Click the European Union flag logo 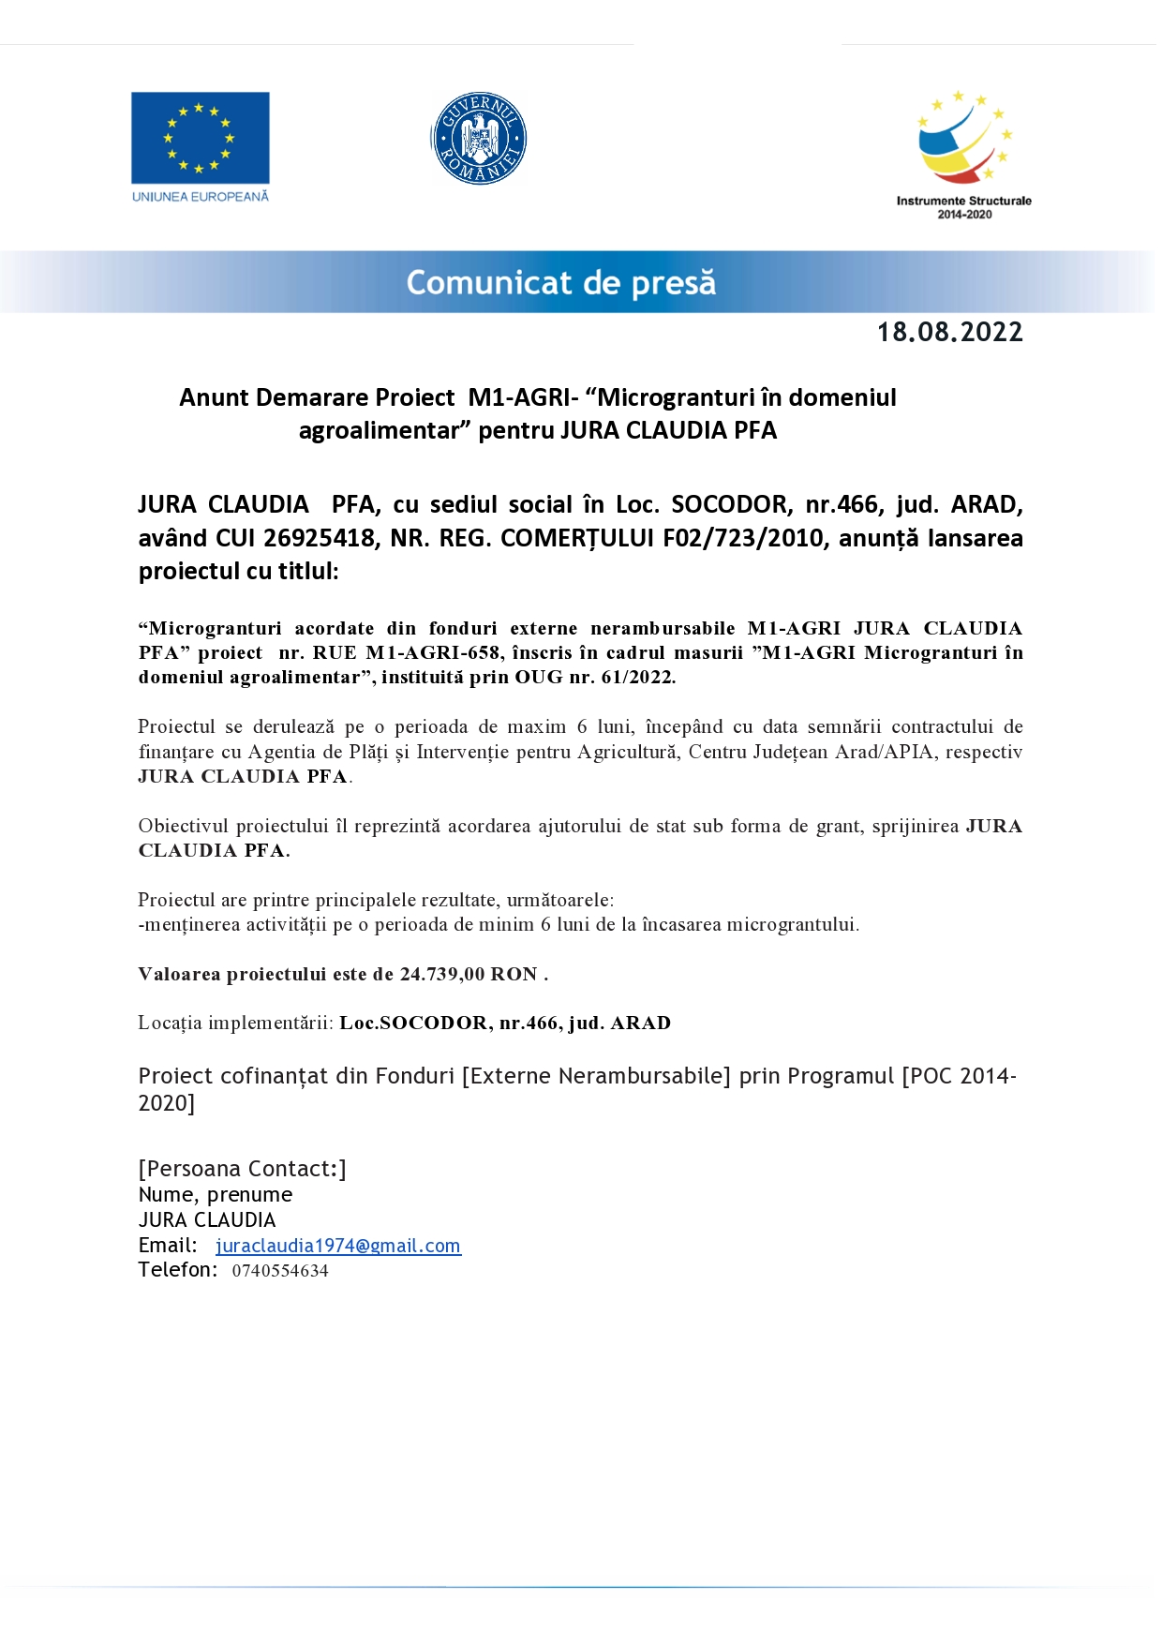[200, 137]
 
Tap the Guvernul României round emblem [479, 139]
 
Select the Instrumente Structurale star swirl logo [963, 137]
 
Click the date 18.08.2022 [949, 333]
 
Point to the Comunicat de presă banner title [560, 282]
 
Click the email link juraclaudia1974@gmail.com [338, 1246]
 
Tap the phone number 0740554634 [280, 1271]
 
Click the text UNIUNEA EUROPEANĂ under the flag [200, 197]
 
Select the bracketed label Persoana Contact [242, 1169]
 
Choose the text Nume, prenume [216, 1195]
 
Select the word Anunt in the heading [214, 398]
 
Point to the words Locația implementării [235, 1023]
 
